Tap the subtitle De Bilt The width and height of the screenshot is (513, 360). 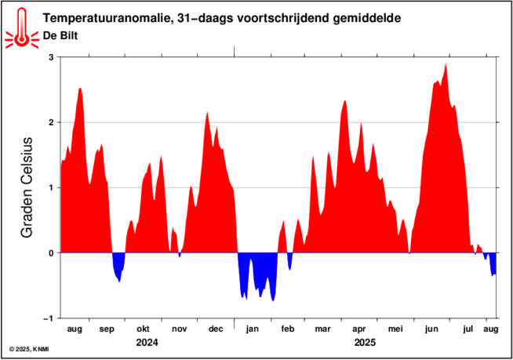click(x=59, y=35)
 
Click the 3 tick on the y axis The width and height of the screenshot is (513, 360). click(x=51, y=57)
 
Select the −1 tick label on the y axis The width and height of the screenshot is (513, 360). click(x=49, y=318)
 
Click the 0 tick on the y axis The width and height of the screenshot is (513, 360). click(x=51, y=253)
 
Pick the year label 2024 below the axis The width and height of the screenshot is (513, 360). click(x=147, y=343)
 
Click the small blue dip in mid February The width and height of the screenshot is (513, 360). click(x=289, y=260)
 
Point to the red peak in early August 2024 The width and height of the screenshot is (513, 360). click(x=80, y=91)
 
